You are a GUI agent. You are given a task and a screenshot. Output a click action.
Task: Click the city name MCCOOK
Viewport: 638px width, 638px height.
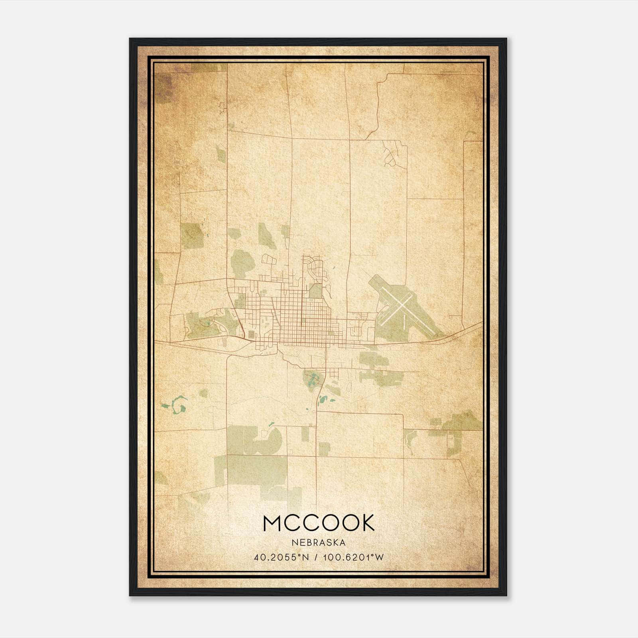[319, 523]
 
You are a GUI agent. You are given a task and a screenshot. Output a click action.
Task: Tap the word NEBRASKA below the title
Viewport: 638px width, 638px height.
[319, 543]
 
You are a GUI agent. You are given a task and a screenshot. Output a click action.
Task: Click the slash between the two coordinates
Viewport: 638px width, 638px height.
[316, 557]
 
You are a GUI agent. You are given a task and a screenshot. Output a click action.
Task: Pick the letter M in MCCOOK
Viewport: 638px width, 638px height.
[273, 523]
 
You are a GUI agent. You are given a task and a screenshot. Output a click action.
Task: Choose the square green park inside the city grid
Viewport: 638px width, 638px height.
[316, 291]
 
